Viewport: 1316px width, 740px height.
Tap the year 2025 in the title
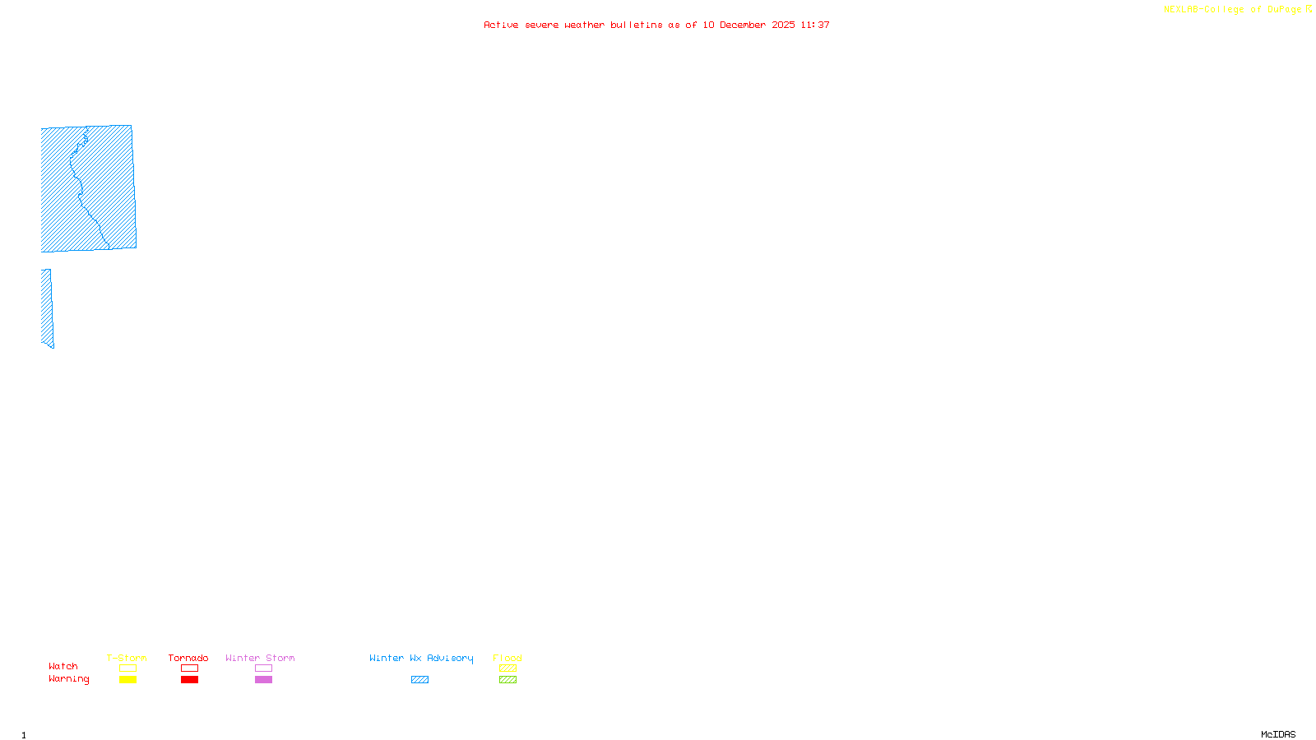click(783, 25)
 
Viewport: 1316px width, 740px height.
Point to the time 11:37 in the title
click(815, 25)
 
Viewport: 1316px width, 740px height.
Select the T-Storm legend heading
click(127, 658)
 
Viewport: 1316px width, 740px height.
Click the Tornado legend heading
click(188, 658)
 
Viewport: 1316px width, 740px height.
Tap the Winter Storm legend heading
click(260, 658)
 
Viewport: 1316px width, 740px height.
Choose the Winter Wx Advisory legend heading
click(421, 658)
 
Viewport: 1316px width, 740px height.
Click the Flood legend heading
click(507, 658)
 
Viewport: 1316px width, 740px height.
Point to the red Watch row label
click(63, 666)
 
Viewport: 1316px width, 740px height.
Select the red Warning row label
click(68, 679)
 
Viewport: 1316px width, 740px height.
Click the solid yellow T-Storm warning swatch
click(127, 680)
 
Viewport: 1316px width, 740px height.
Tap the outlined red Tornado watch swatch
click(189, 668)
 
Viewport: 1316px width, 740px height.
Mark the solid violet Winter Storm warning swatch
click(263, 680)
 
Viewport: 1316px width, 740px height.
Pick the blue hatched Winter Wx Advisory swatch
click(419, 680)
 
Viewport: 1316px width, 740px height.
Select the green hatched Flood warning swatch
click(507, 680)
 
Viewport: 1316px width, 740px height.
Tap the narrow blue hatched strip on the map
click(47, 308)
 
